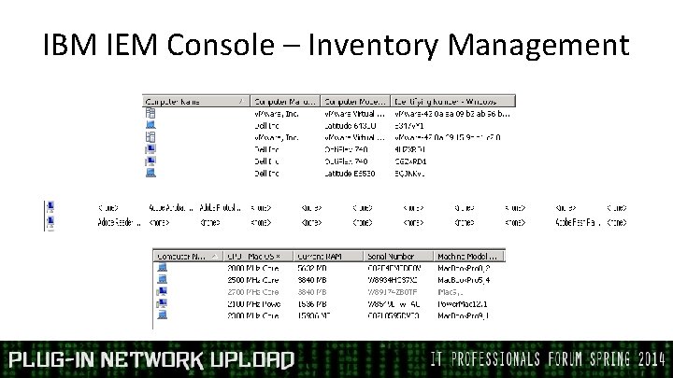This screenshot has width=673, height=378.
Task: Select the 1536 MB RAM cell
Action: (x=316, y=303)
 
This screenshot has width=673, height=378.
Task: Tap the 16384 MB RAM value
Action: (x=316, y=315)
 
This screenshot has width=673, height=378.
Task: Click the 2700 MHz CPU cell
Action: (x=252, y=291)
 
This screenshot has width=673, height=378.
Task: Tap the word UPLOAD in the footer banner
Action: (x=248, y=360)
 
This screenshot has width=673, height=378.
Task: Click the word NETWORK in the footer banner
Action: (x=150, y=360)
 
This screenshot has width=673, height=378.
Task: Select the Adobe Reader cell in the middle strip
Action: (x=120, y=222)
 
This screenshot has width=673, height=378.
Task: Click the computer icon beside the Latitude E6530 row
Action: (x=150, y=173)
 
